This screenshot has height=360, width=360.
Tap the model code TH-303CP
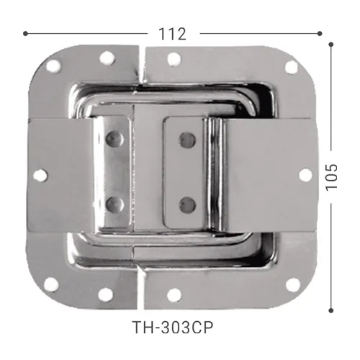[174, 325]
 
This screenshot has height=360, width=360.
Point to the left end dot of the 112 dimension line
[26, 33]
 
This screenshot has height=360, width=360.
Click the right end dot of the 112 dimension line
[319, 33]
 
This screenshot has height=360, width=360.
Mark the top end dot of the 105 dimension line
[331, 45]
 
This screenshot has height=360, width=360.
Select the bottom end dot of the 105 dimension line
[331, 310]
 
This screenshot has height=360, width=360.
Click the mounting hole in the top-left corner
[54, 67]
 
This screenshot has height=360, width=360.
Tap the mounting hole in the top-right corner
[291, 67]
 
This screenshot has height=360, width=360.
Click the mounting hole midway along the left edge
[40, 175]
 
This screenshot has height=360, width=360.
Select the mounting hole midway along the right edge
[306, 175]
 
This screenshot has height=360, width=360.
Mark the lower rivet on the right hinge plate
[186, 203]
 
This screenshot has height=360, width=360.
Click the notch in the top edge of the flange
[140, 55]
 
